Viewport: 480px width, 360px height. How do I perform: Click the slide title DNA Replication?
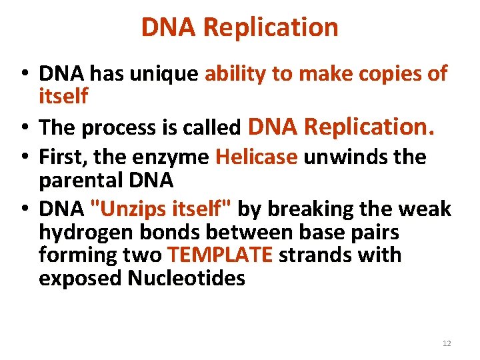(x=239, y=27)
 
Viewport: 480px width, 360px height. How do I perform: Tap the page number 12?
(x=447, y=343)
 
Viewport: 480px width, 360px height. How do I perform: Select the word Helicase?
(x=257, y=157)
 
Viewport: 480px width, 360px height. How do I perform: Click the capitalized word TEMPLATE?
(x=221, y=255)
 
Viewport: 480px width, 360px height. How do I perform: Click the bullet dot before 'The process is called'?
(x=23, y=128)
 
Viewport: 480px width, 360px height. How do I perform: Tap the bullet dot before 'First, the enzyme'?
(x=23, y=157)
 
